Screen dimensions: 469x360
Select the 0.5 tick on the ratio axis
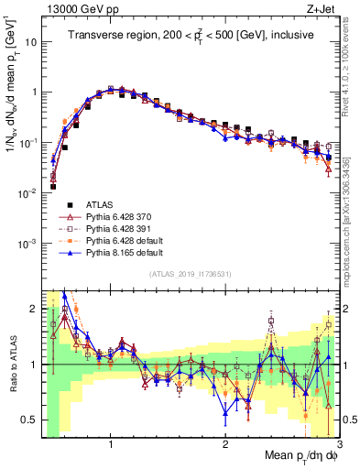coord(27,420)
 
